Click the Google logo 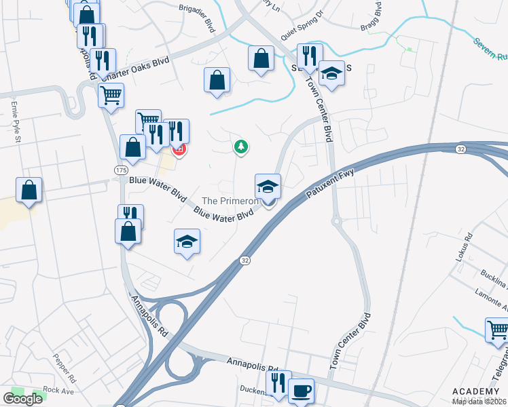(23, 399)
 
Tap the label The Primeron (231, 201)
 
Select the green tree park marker (240, 146)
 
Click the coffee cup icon (301, 390)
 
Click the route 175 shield (121, 170)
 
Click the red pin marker (179, 149)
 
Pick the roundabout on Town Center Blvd (335, 220)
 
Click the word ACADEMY (475, 392)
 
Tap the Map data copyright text (479, 402)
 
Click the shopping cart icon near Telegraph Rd (497, 330)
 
